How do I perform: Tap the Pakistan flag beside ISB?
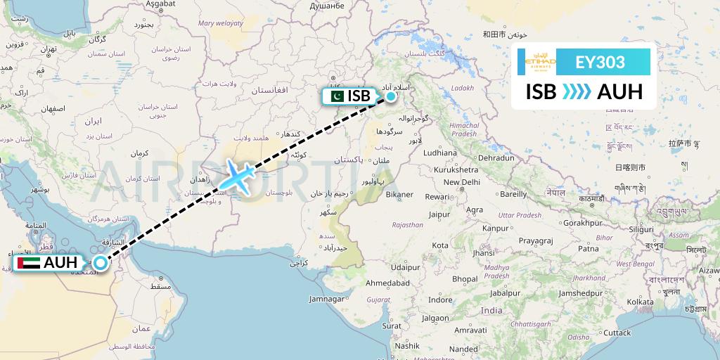coord(336,96)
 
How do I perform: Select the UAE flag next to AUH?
coord(27,264)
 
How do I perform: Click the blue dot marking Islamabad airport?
coord(390,95)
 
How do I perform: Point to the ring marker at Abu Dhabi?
coord(101,263)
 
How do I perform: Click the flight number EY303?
coord(600,62)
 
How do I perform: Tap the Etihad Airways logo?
coord(541,62)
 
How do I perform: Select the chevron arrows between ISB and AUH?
coord(577,92)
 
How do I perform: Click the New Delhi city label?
coord(461,182)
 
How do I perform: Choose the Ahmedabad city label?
coord(387,283)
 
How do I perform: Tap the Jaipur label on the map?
coord(438,214)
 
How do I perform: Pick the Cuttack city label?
coord(618,332)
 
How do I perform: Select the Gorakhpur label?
coord(583,222)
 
